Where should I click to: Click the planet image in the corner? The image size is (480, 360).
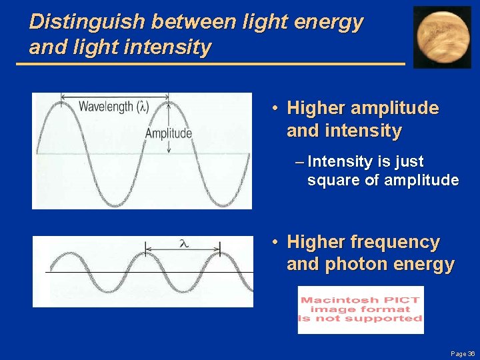click(442, 37)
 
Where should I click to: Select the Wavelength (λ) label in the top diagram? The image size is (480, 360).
click(113, 106)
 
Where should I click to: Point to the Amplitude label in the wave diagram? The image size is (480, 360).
click(168, 133)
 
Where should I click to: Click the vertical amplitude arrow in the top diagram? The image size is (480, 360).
click(169, 127)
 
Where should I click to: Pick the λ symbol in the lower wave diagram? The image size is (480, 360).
click(183, 244)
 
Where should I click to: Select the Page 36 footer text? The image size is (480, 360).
click(462, 353)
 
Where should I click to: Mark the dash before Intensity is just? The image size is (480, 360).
click(299, 162)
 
